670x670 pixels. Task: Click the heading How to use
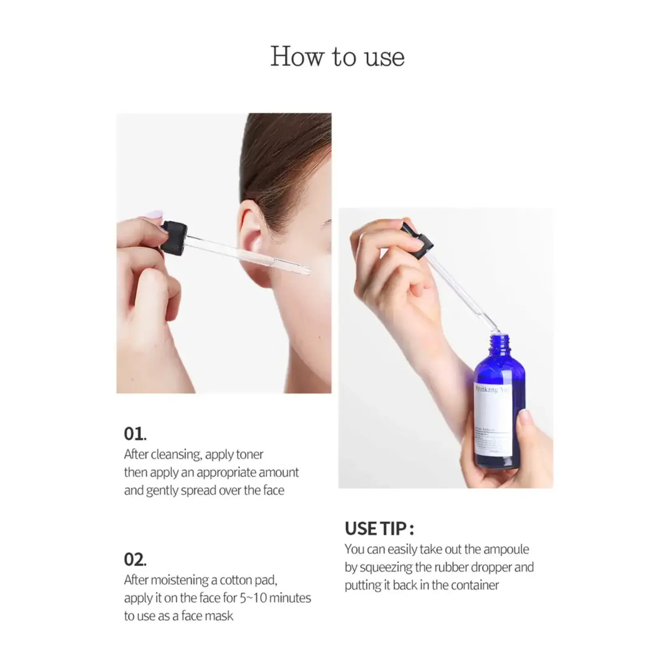pos(337,56)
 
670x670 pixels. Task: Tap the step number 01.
pos(135,434)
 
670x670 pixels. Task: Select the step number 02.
pos(135,560)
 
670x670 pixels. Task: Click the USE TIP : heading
pos(379,529)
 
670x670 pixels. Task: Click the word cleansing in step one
pos(176,455)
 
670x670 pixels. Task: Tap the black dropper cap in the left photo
pos(174,238)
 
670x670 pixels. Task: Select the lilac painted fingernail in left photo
pos(155,215)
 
